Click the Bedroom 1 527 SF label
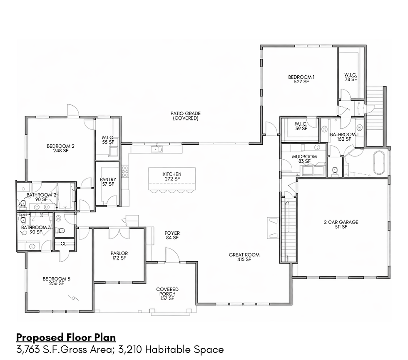(301, 79)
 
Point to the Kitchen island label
(172, 176)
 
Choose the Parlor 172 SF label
(119, 256)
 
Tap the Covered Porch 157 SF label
(167, 294)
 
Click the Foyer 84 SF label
(172, 236)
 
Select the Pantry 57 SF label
(108, 182)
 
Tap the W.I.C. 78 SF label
(351, 77)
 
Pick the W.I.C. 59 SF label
(301, 127)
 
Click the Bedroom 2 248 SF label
(60, 148)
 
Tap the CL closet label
(64, 244)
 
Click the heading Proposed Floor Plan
(66, 338)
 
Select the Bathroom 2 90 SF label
(42, 197)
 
